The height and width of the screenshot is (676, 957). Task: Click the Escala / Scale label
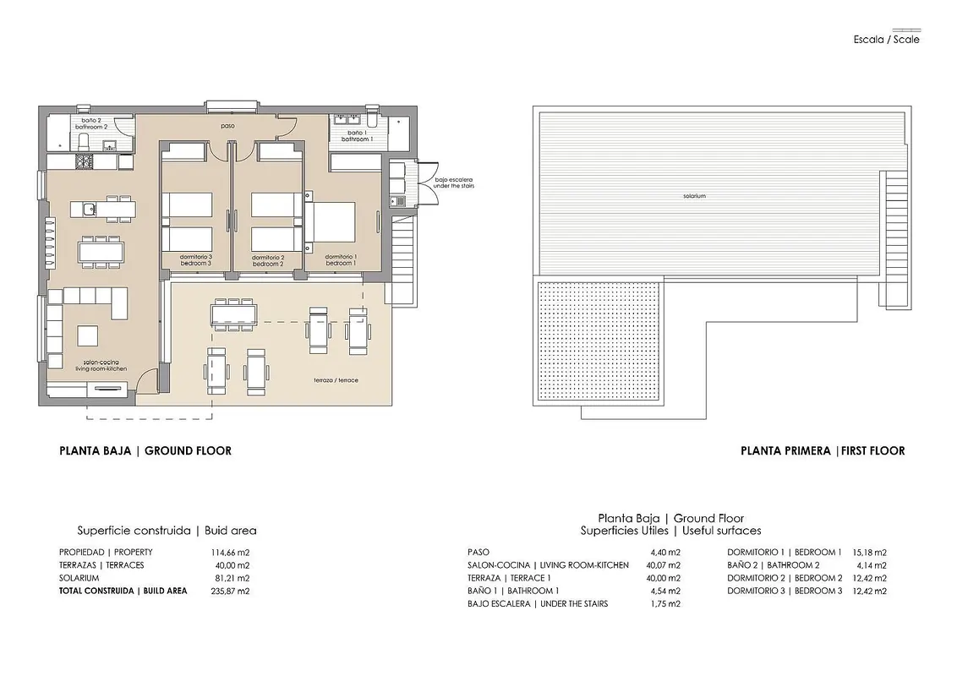[x=886, y=40]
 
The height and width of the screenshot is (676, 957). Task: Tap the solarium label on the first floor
[x=695, y=196]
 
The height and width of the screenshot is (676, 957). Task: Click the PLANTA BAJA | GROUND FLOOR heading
[x=145, y=451]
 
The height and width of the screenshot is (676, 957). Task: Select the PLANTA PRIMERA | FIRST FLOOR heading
[x=823, y=451]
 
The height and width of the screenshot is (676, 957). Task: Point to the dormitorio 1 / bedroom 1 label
[x=341, y=260]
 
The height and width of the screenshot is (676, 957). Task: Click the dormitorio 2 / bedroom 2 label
[x=268, y=260]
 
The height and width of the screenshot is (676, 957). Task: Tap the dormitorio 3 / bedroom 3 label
[x=196, y=260]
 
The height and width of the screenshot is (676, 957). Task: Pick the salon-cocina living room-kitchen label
[x=101, y=365]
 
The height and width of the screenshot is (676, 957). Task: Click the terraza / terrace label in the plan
[x=336, y=380]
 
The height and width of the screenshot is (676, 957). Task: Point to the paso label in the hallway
[x=227, y=126]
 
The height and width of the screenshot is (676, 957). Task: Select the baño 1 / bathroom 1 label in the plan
[x=357, y=135]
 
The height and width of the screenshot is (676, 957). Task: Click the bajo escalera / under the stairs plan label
[x=453, y=183]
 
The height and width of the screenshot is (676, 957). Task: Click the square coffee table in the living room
[x=87, y=335]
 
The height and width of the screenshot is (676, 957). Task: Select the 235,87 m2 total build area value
[x=230, y=591]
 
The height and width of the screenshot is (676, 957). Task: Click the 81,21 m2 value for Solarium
[x=231, y=578]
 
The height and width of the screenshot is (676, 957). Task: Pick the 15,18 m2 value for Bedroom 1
[x=869, y=552]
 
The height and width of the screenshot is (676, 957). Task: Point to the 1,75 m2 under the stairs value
[x=665, y=603]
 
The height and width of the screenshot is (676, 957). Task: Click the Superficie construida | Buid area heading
[x=167, y=530]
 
